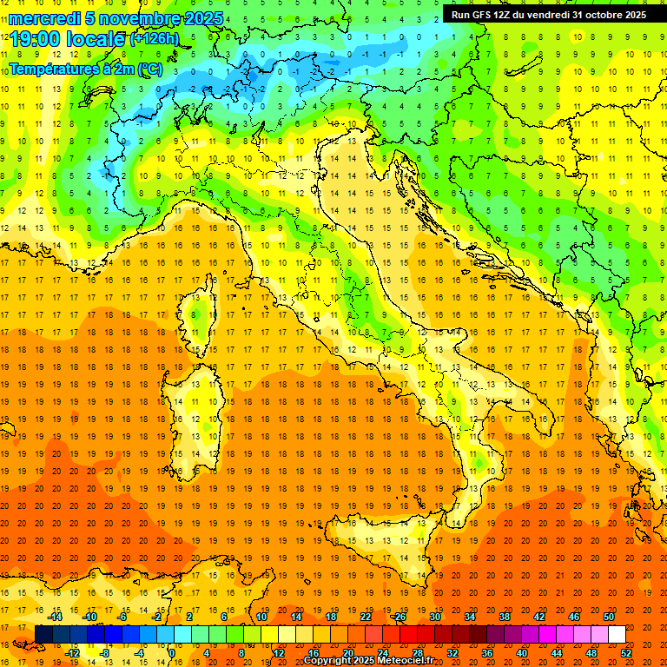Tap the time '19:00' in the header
pos(37,39)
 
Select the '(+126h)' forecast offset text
pos(154,39)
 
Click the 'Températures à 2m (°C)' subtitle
pos(85,69)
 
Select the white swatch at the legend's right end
pos(617,635)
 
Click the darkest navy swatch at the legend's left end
pos(43,635)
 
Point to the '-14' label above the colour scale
pos(55,617)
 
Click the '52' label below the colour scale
pos(626,652)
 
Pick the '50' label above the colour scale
pos(609,617)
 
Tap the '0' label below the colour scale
pos(171,652)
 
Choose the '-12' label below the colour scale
pos(72,652)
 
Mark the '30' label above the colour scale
pos(434,617)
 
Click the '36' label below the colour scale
pos(487,652)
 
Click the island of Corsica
pos(201,313)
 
